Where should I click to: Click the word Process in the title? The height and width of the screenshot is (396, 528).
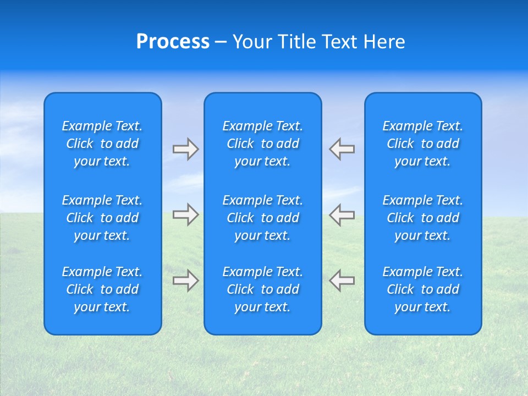[x=173, y=42]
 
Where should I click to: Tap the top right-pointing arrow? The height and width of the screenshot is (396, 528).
[x=185, y=149]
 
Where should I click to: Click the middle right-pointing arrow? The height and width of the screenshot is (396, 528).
[x=185, y=215]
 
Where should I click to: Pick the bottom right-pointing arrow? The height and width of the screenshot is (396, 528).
[x=185, y=280]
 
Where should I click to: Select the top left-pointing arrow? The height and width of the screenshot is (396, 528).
[x=342, y=149]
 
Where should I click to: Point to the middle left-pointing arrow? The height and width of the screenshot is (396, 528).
[x=342, y=214]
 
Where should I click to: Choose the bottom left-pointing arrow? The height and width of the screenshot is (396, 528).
[x=342, y=280]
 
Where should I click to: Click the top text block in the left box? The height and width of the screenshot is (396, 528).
[x=102, y=144]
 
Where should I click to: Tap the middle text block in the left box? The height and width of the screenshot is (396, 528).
[x=102, y=218]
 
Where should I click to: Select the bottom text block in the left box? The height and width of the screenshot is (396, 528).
[x=102, y=289]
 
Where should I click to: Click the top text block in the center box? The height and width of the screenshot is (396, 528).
[x=263, y=144]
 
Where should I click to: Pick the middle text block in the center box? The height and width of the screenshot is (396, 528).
[x=263, y=218]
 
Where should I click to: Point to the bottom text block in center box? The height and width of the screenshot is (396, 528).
[x=263, y=289]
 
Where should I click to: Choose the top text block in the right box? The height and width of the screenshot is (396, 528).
[x=423, y=144]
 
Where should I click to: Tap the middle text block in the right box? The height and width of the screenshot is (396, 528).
[x=423, y=218]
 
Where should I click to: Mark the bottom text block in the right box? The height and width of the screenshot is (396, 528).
[x=423, y=289]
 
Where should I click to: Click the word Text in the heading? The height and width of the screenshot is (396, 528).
[x=339, y=42]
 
